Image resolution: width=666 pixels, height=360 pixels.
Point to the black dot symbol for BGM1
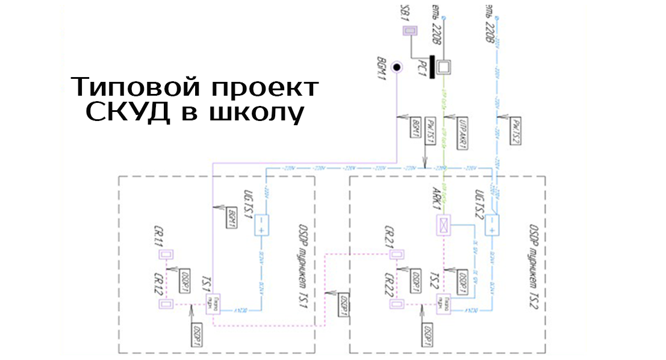pos(397,67)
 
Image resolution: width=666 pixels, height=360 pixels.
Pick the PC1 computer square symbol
pos(444,67)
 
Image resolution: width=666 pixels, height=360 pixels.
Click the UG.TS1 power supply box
pos(261,225)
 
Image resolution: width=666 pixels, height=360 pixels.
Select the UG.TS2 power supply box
pos(492,225)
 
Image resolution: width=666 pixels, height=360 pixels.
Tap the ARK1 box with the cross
pos(443,225)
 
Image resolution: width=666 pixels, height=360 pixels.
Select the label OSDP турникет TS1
pos(302,265)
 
